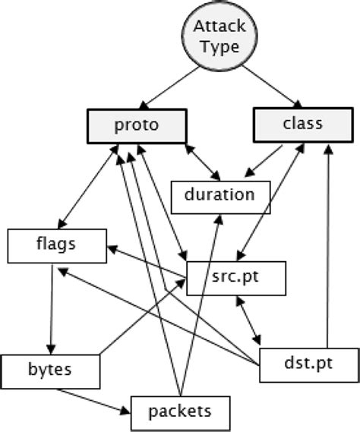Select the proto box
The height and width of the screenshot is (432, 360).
click(137, 125)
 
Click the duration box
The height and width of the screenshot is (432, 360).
click(219, 195)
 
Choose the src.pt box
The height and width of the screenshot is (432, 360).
click(236, 278)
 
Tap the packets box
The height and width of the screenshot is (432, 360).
click(179, 412)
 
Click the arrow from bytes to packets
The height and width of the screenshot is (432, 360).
click(92, 402)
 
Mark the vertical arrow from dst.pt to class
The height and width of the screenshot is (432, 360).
click(327, 243)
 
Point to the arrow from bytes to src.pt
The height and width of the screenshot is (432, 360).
click(144, 319)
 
